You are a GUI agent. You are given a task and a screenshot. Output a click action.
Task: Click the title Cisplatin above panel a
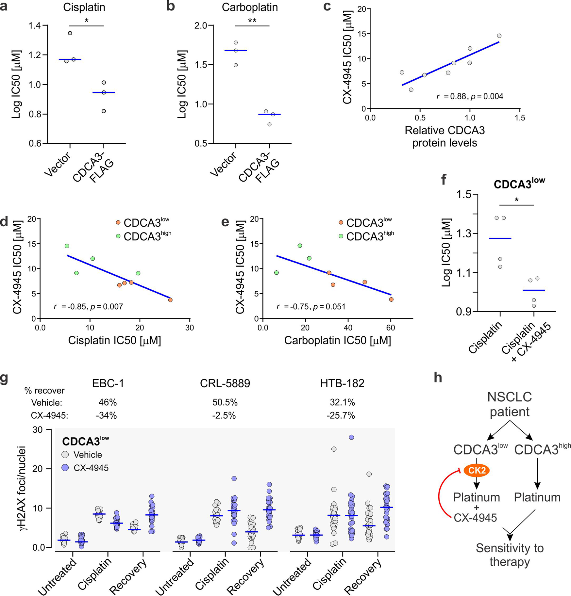coord(84,7)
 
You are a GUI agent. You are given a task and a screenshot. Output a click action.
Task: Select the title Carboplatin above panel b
coord(250,7)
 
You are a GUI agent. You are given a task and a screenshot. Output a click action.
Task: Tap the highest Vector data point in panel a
coord(70,33)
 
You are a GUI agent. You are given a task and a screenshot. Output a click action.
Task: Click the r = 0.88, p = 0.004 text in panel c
coord(470,96)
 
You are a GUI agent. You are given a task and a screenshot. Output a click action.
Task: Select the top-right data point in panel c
coord(499,36)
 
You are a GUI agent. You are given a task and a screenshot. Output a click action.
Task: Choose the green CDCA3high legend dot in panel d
coord(118,236)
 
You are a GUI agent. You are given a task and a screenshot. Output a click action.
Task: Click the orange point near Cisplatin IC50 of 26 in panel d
coord(170,300)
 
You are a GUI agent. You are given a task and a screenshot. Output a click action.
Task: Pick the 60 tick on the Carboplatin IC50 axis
coord(391,328)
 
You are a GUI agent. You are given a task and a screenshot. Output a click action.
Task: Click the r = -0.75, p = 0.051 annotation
coord(311,306)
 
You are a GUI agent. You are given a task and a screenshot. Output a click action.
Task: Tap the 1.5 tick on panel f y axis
coord(464,195)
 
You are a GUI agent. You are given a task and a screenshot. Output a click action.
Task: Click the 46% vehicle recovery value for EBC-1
coord(108,403)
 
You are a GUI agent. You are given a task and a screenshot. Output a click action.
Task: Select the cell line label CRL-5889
coord(225,383)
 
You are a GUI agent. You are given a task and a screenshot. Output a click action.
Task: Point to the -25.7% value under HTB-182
coord(341,416)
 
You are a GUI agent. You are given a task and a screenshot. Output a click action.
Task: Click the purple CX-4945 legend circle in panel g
coord(65,468)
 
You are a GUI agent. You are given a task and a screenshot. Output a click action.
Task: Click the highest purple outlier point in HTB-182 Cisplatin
coord(352,437)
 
